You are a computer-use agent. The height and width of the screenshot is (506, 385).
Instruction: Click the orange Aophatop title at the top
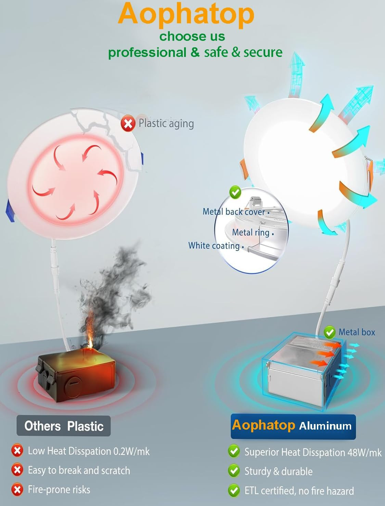(x=186, y=14)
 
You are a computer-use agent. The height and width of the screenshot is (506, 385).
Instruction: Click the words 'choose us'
(x=192, y=36)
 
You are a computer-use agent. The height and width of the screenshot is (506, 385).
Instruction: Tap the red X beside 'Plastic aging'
(x=128, y=123)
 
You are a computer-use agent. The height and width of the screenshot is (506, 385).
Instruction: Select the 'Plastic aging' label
(x=166, y=123)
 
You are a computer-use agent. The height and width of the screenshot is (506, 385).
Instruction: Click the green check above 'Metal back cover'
(x=235, y=192)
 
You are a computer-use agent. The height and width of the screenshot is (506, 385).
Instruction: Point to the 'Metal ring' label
(x=251, y=232)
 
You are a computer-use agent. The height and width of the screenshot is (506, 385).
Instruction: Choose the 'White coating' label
(x=214, y=246)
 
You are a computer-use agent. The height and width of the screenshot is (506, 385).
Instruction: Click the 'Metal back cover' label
(x=234, y=212)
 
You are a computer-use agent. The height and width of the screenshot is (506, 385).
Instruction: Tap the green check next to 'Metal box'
(x=330, y=332)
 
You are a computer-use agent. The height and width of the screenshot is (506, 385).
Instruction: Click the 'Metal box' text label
(x=357, y=332)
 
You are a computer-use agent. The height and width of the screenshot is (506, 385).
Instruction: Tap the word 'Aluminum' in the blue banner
(x=325, y=426)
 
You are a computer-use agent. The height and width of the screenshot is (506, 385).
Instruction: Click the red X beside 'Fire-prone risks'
(x=17, y=490)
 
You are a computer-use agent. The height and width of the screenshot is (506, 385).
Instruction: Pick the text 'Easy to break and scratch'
(x=79, y=470)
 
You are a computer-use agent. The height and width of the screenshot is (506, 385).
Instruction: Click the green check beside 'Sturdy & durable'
(x=234, y=471)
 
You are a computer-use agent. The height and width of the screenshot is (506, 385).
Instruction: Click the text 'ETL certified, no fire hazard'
(x=299, y=491)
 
